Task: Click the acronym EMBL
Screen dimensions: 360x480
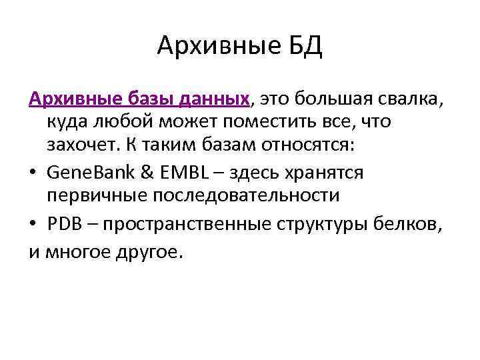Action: pos(188,173)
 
